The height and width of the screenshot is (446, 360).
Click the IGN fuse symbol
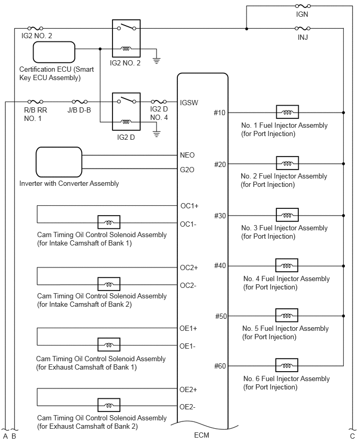(302, 6)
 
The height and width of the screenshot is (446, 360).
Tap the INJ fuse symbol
(302, 28)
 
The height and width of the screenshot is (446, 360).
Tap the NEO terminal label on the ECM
(187, 155)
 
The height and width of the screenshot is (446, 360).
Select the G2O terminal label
(187, 170)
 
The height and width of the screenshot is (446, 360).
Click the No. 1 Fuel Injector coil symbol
(287, 113)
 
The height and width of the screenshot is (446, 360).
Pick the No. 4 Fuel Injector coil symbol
(287, 266)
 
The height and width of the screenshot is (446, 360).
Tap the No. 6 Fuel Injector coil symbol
(287, 365)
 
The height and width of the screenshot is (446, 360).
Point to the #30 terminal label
(220, 215)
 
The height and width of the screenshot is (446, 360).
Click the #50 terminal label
(220, 316)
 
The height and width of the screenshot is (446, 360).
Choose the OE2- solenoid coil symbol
(109, 406)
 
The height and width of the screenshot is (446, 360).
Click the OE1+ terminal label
(188, 328)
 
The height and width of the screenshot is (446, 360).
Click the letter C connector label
(352, 436)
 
